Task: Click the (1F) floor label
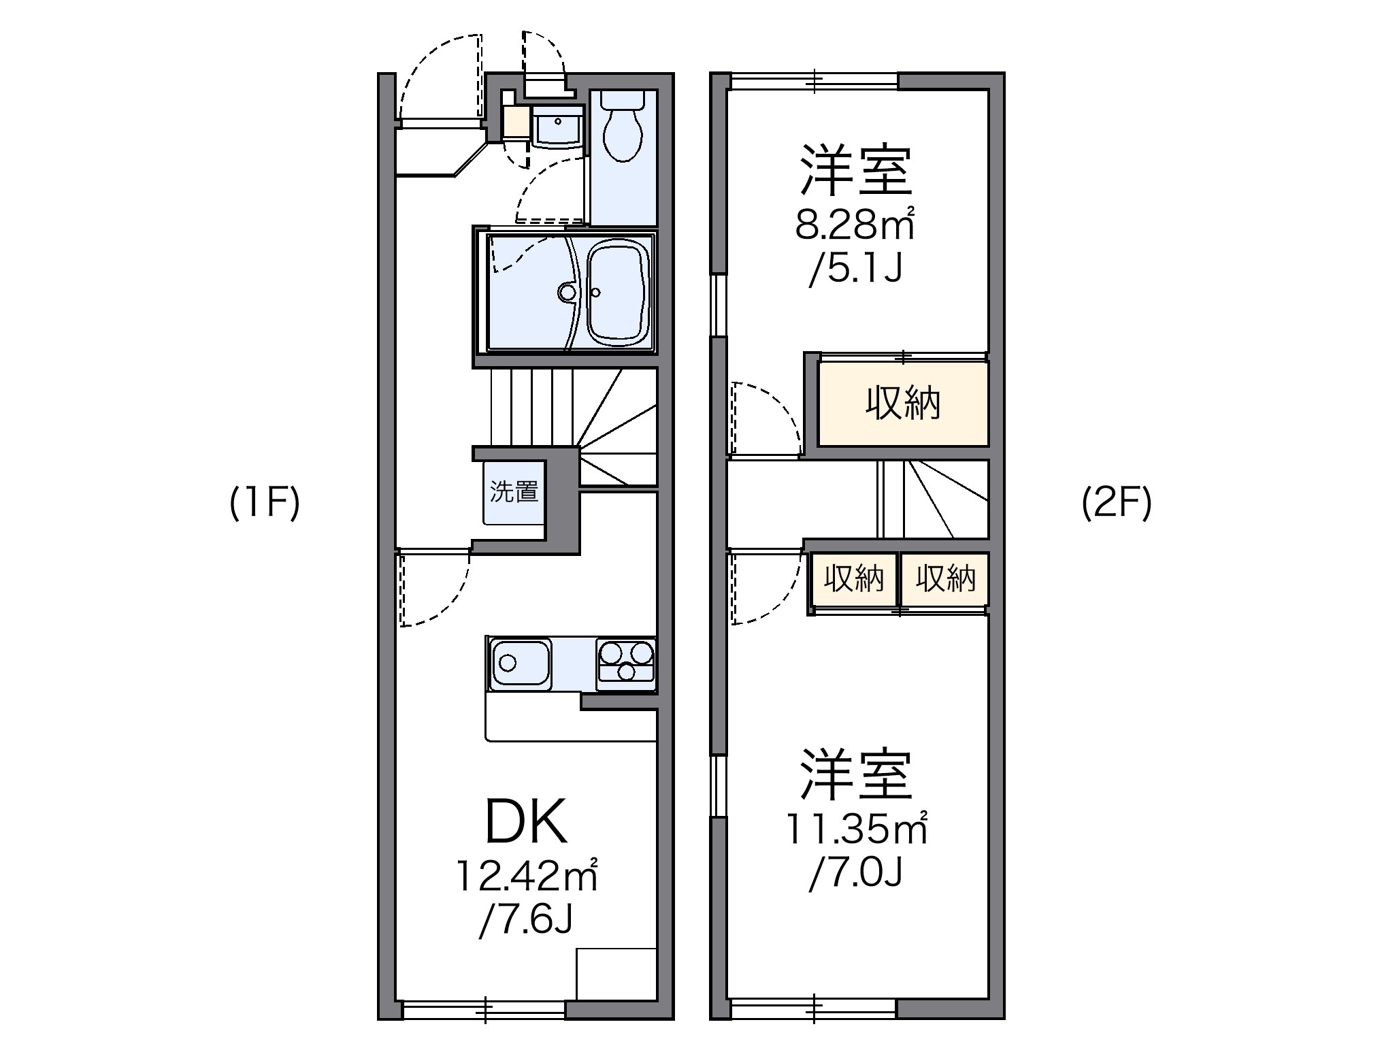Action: click(265, 504)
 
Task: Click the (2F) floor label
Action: click(1117, 504)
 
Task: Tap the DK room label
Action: click(525, 822)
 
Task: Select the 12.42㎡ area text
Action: click(526, 876)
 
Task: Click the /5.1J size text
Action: click(855, 270)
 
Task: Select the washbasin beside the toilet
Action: click(558, 126)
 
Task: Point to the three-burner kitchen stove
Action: click(625, 661)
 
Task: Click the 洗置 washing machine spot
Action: click(514, 492)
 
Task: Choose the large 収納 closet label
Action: click(902, 404)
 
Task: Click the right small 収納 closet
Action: click(945, 579)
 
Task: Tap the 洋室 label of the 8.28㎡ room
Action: click(855, 170)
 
